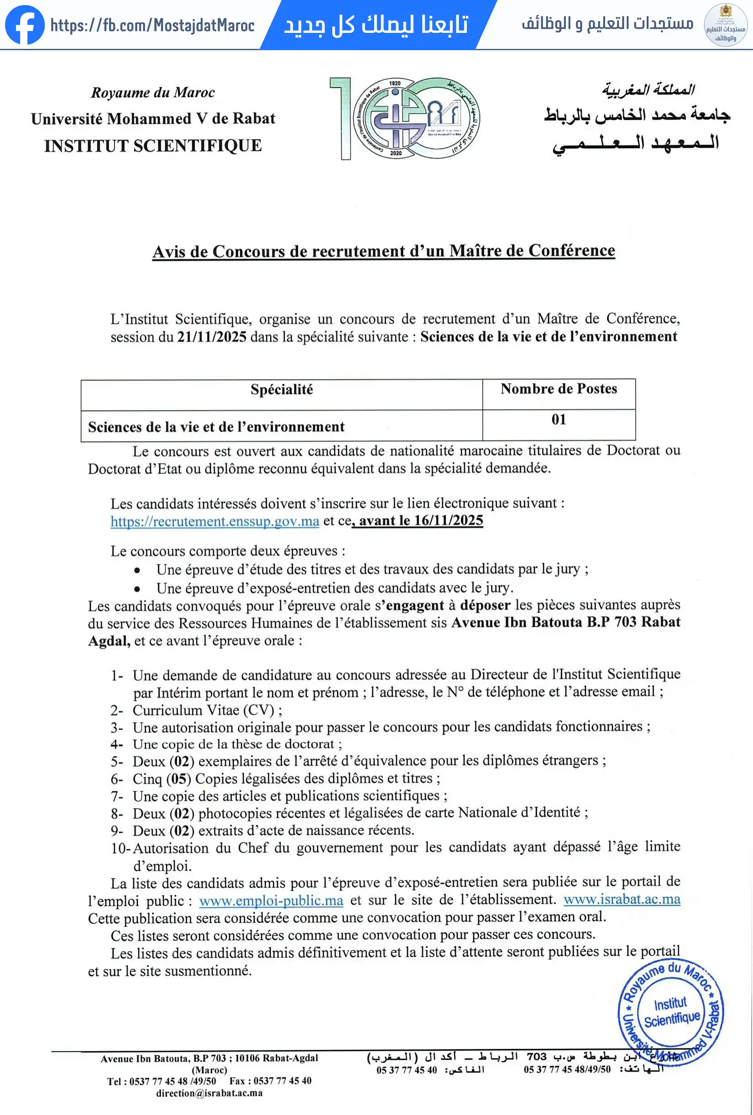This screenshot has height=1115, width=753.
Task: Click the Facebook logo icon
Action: pyautogui.click(x=25, y=25)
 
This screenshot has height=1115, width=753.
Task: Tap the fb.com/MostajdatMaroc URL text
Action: pyautogui.click(x=152, y=26)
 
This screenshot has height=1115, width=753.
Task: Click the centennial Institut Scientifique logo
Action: pyautogui.click(x=405, y=119)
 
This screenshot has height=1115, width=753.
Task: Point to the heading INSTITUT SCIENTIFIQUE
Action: pyautogui.click(x=153, y=146)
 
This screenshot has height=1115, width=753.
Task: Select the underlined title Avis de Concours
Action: pyautogui.click(x=383, y=251)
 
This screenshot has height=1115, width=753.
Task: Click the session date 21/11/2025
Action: pyautogui.click(x=212, y=337)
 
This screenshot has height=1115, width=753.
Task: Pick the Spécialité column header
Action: pyautogui.click(x=282, y=390)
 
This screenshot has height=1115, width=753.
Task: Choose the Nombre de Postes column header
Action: pyautogui.click(x=559, y=389)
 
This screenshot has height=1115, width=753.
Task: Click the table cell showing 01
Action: pyautogui.click(x=559, y=420)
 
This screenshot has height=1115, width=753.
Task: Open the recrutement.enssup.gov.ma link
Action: pyautogui.click(x=214, y=521)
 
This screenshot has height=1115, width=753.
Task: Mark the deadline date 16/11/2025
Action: pyautogui.click(x=448, y=521)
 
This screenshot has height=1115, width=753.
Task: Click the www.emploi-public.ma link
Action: pyautogui.click(x=271, y=901)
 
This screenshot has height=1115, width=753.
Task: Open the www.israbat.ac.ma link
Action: pyautogui.click(x=622, y=900)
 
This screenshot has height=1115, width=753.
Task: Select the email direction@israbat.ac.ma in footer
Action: pyautogui.click(x=209, y=1094)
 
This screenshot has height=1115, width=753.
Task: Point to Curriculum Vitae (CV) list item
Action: pyautogui.click(x=207, y=710)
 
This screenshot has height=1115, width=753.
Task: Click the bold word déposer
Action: pyautogui.click(x=485, y=605)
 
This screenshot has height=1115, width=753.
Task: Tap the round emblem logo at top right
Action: pyautogui.click(x=725, y=25)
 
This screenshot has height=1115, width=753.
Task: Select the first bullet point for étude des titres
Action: pyautogui.click(x=137, y=570)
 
